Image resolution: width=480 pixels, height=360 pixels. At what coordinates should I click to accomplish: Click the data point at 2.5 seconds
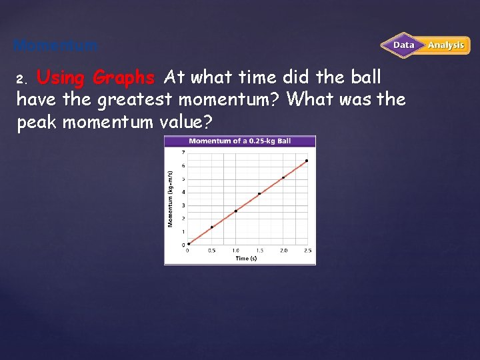(x=307, y=161)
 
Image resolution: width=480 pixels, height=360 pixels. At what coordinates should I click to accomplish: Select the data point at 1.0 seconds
(x=235, y=211)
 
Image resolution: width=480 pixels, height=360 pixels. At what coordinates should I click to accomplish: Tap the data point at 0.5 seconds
(x=212, y=227)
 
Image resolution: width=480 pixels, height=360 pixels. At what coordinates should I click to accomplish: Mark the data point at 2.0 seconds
(x=283, y=177)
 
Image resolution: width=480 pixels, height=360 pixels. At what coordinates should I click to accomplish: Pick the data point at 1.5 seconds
(x=259, y=194)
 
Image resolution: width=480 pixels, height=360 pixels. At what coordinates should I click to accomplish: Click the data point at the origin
(x=189, y=244)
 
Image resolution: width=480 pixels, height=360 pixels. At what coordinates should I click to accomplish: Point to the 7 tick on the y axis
(x=183, y=153)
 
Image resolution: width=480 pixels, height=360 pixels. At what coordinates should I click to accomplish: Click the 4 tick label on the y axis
(x=183, y=192)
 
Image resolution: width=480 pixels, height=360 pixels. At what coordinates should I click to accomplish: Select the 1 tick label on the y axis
(x=183, y=231)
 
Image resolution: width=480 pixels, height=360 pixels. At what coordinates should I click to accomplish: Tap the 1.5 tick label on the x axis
(x=259, y=251)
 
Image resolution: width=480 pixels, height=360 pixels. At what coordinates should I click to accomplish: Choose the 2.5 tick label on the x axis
(x=307, y=251)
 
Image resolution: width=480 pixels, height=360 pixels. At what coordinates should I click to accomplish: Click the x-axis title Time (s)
(x=246, y=259)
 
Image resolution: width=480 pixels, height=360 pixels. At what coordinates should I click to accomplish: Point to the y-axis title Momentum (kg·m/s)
(x=171, y=199)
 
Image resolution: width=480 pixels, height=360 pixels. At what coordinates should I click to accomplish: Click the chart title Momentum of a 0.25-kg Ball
(x=240, y=141)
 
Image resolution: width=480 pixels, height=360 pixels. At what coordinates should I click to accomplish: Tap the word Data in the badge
(x=403, y=45)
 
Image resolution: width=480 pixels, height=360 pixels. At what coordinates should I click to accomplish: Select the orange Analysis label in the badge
(x=446, y=45)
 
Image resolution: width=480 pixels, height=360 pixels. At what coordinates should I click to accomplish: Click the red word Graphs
(x=124, y=78)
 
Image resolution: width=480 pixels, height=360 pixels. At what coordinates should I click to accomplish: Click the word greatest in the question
(x=132, y=100)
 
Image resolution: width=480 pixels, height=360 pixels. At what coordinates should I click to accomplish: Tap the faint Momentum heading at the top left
(x=55, y=46)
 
